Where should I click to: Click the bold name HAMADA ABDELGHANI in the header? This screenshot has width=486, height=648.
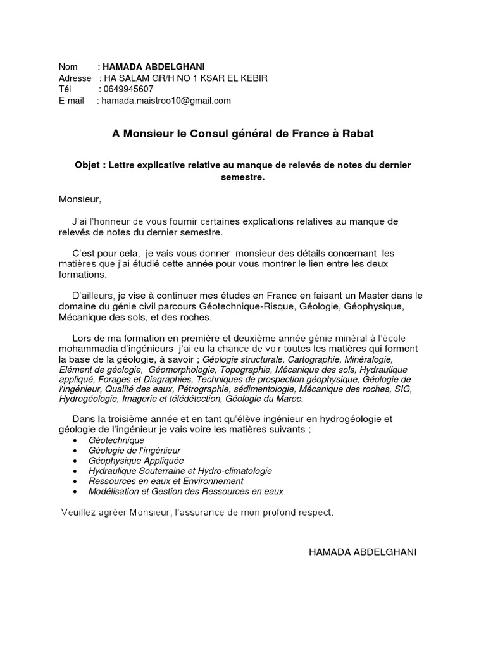[153, 67]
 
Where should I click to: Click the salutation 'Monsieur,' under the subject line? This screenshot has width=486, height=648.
[80, 199]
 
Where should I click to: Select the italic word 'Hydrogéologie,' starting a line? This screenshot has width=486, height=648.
[88, 399]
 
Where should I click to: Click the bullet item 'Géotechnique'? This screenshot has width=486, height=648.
[116, 440]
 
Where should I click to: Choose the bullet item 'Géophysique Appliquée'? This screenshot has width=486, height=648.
[136, 461]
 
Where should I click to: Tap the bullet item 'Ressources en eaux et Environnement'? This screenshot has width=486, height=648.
[166, 481]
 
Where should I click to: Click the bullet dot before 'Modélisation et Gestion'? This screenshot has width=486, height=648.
[77, 492]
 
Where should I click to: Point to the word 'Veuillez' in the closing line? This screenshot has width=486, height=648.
[78, 512]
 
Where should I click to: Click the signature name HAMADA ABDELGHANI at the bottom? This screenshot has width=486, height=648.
[363, 552]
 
